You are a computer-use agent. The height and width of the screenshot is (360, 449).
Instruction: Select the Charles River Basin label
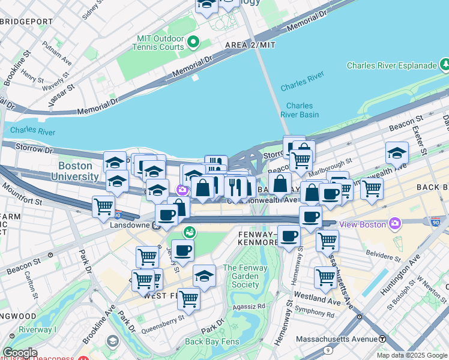299,110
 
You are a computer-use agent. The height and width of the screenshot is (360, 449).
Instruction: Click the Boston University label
78,171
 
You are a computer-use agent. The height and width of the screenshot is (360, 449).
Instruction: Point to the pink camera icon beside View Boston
394,224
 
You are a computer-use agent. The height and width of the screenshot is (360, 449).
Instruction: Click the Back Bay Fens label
212,341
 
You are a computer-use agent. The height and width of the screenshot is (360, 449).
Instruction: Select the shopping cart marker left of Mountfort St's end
104,207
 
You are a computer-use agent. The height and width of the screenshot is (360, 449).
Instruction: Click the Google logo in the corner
20,353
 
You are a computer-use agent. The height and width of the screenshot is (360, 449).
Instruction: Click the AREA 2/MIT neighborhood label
250,46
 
